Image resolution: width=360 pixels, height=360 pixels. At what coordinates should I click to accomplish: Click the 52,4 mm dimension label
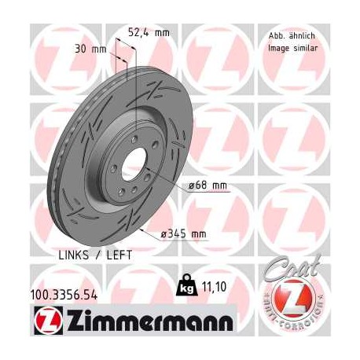click(149, 32)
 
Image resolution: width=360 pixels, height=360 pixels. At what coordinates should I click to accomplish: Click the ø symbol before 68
click(191, 186)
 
